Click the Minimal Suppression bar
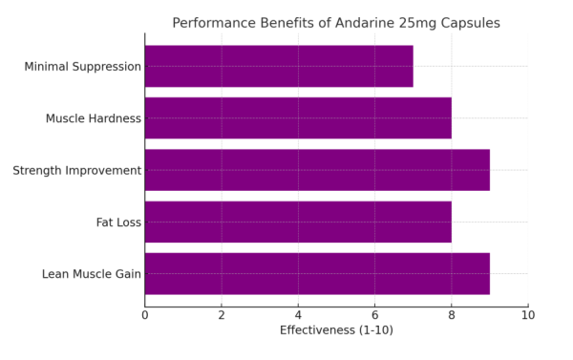tap(279, 66)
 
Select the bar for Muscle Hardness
tap(298, 118)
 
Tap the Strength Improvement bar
tap(317, 170)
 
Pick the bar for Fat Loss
tap(298, 222)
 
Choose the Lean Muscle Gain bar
tap(317, 273)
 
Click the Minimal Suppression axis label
tap(83, 67)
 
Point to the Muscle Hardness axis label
tap(94, 118)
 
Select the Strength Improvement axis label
tap(77, 170)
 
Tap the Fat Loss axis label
tap(118, 222)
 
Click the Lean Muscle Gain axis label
tap(92, 274)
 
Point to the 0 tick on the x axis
tap(145, 313)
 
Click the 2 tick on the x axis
tap(222, 313)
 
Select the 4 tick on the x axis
tap(298, 313)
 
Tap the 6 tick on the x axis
tap(374, 313)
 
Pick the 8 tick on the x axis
tap(451, 313)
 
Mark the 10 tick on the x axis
tap(527, 313)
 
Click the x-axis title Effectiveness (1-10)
tap(336, 330)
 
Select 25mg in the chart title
tap(420, 23)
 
